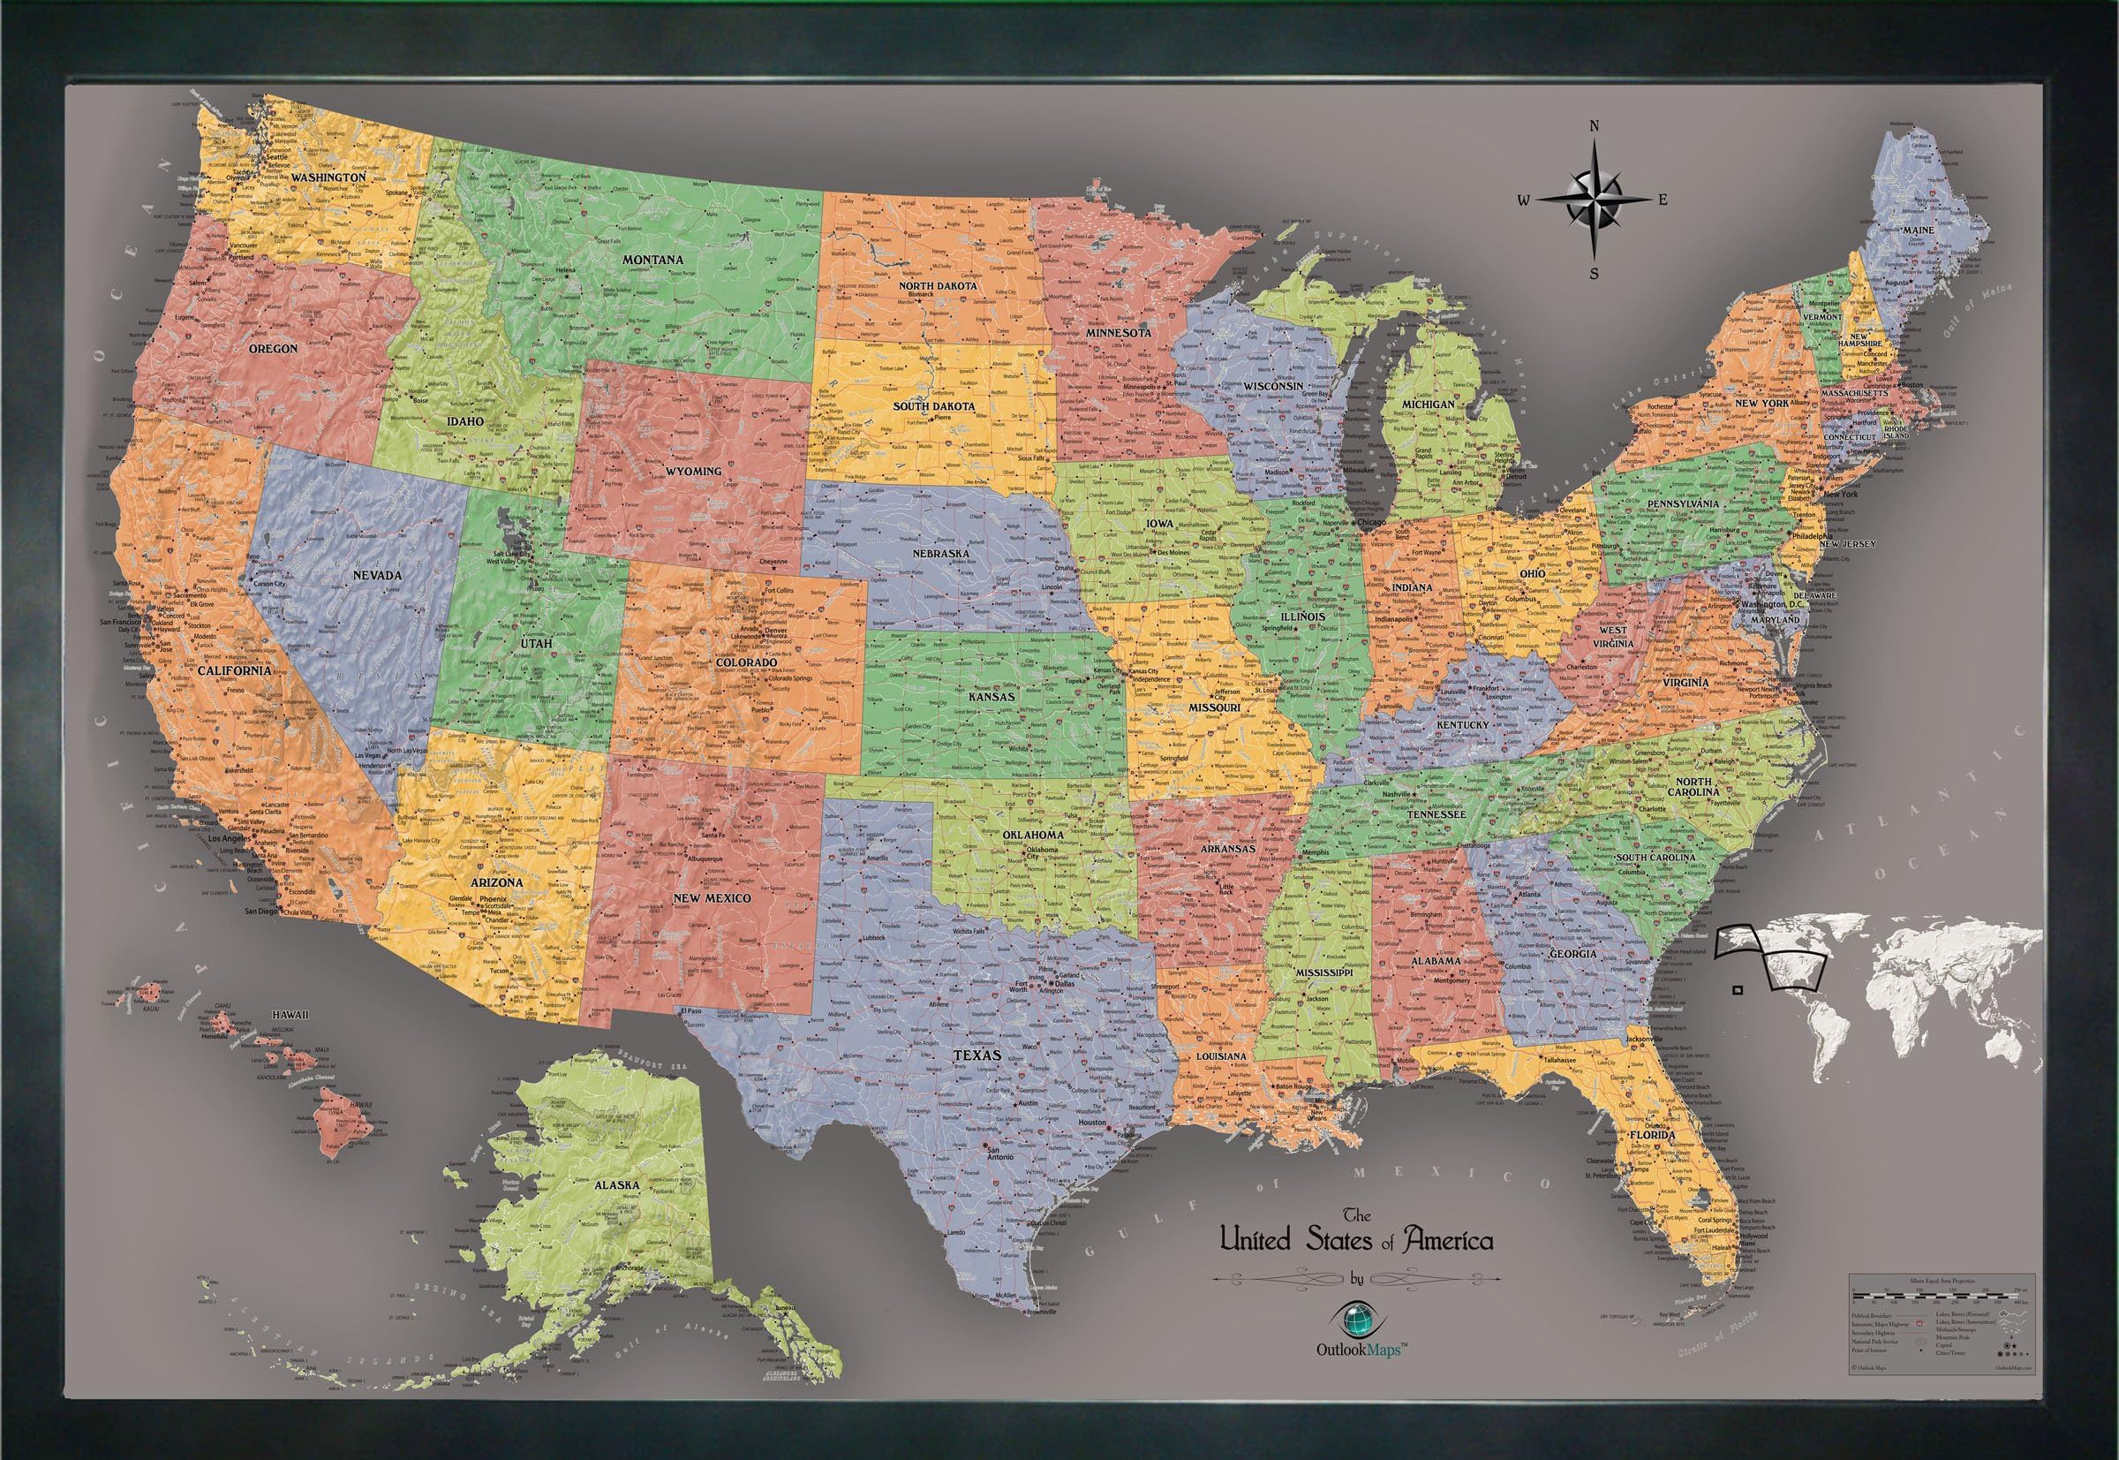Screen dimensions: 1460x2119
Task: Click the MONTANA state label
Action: coord(652,260)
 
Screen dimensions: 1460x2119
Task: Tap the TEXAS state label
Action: coord(976,1055)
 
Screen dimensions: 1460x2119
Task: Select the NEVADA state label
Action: coord(377,575)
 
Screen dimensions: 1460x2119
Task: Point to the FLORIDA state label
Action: coord(1651,1135)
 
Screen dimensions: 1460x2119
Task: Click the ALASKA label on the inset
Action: coord(616,1184)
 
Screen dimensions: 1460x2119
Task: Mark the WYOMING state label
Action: coord(692,471)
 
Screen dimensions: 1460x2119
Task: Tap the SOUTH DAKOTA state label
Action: coord(933,405)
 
